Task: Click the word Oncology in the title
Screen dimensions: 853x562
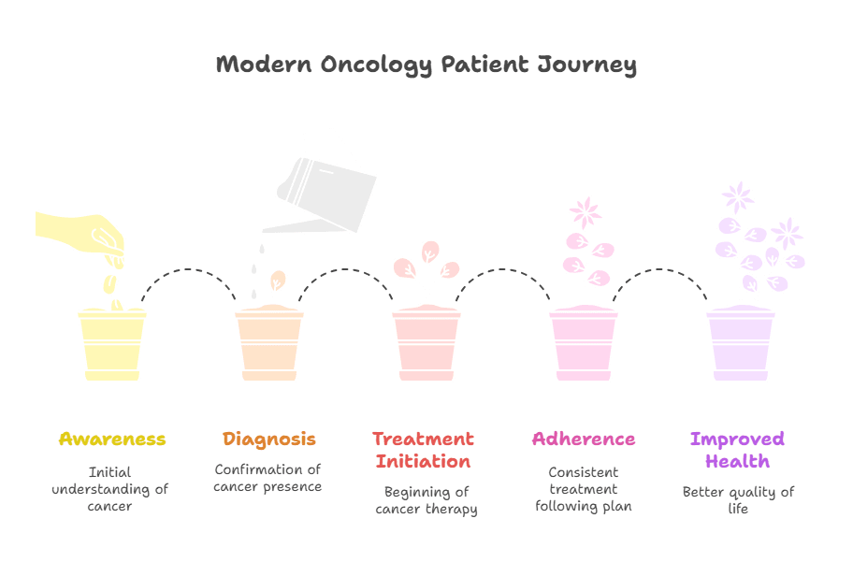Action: (x=376, y=65)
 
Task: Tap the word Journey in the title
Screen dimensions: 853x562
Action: (x=586, y=65)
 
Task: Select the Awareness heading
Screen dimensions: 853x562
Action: (x=112, y=440)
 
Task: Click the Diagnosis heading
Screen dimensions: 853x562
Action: (x=269, y=440)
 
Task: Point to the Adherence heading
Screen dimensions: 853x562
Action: (x=584, y=440)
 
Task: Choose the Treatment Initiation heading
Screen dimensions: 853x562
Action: (x=424, y=450)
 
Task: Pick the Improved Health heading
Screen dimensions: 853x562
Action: (x=738, y=450)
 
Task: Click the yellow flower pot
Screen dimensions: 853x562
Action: (x=112, y=344)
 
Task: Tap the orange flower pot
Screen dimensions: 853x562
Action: (x=269, y=343)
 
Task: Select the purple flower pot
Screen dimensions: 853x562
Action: (x=741, y=343)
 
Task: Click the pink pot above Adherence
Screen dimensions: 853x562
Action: (x=584, y=343)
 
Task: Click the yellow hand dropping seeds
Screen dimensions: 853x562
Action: (x=81, y=234)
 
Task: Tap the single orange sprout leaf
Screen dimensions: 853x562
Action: (x=278, y=281)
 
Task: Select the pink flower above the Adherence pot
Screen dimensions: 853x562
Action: (x=586, y=212)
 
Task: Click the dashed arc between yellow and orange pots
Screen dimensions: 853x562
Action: (x=188, y=269)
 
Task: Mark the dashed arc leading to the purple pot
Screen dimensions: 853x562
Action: (x=660, y=269)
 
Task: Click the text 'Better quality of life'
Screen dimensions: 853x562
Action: (x=738, y=500)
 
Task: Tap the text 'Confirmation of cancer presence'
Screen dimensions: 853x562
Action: (x=267, y=478)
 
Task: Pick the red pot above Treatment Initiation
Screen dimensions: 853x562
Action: (x=426, y=343)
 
